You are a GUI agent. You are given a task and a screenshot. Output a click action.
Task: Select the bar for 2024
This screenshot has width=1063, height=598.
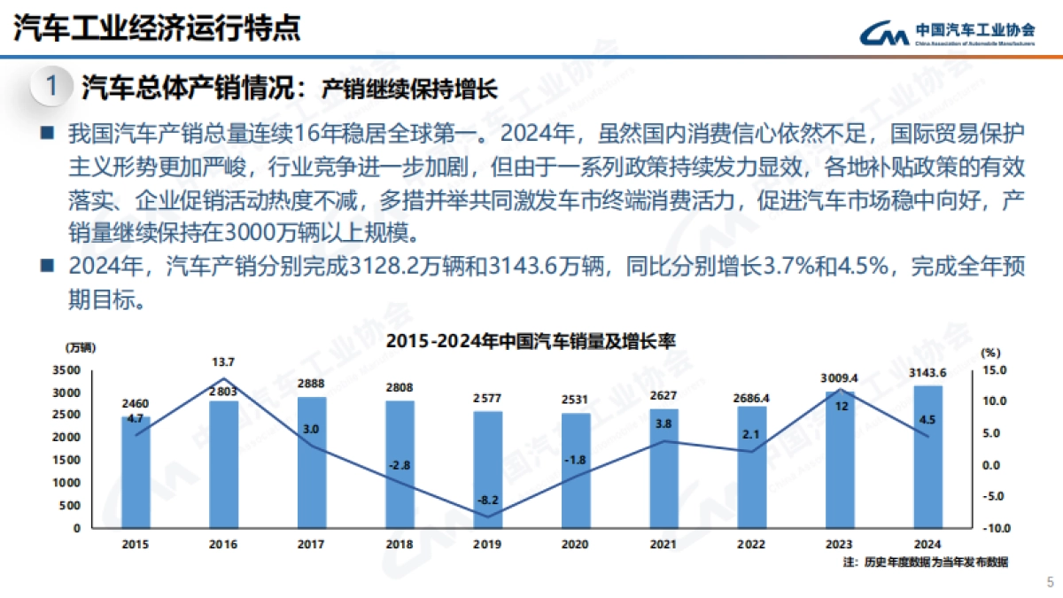coord(927,456)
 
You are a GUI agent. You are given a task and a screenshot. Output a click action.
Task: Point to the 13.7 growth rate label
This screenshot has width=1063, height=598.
coord(223,362)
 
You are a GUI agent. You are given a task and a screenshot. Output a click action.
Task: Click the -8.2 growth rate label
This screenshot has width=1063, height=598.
coord(487,501)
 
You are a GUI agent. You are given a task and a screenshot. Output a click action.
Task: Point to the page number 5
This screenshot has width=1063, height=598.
coord(1050,582)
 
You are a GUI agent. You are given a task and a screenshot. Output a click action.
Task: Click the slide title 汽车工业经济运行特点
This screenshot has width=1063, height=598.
coord(157,27)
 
